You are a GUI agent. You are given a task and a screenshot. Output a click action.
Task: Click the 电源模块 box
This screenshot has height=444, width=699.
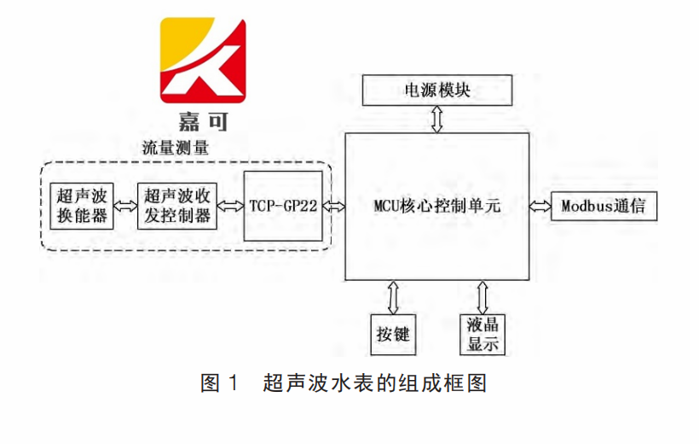437,90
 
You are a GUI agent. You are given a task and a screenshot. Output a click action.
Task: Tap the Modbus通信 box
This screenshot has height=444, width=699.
604,206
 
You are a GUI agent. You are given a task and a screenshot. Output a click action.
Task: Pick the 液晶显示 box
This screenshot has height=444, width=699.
482,334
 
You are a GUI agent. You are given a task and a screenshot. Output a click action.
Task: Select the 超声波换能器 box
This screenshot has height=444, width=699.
82,206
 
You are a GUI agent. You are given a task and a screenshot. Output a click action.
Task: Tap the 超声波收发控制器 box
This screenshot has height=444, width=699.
177,206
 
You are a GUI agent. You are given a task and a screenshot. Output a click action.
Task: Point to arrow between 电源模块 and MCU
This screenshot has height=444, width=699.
437,119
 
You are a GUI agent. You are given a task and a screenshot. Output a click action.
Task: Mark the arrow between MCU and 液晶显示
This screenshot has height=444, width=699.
482,298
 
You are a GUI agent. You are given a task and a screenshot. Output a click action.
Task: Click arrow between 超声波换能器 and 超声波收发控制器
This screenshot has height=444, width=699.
125,206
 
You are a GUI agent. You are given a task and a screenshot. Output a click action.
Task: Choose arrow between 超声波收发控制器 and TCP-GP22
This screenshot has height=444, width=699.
228,206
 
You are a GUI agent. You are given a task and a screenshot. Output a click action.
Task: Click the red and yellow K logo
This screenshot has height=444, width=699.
203,57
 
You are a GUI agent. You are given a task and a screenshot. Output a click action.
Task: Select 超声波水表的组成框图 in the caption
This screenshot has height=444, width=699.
375,383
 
